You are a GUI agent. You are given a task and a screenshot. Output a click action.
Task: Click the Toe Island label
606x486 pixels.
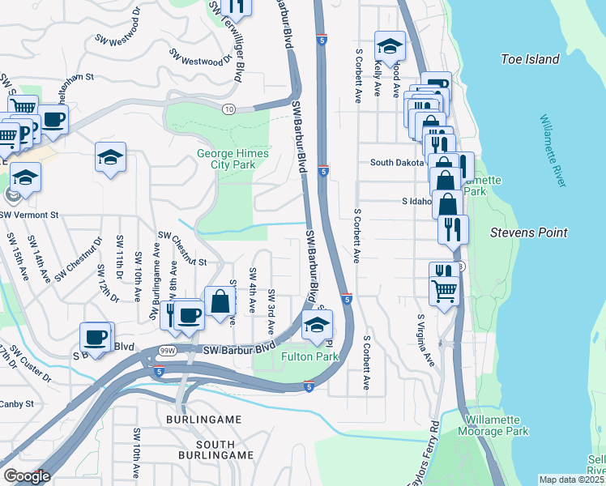[530, 59]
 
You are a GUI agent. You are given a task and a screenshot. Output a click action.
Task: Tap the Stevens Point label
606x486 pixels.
[528, 232]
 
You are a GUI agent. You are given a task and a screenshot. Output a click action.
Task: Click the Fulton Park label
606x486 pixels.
[309, 356]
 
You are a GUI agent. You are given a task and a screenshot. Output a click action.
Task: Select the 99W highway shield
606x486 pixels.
[168, 350]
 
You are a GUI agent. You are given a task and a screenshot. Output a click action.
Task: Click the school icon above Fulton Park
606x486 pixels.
[318, 326]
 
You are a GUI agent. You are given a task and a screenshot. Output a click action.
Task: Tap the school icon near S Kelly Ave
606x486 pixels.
[390, 46]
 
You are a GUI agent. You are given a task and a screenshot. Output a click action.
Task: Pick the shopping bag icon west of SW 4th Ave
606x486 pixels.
[220, 301]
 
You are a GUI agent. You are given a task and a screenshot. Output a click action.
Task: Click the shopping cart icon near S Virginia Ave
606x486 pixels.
[444, 290]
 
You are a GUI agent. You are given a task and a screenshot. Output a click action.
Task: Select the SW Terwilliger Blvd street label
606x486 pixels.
[228, 40]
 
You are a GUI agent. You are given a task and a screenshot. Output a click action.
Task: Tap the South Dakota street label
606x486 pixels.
[397, 162]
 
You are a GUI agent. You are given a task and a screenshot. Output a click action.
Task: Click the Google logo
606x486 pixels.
[26, 476]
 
